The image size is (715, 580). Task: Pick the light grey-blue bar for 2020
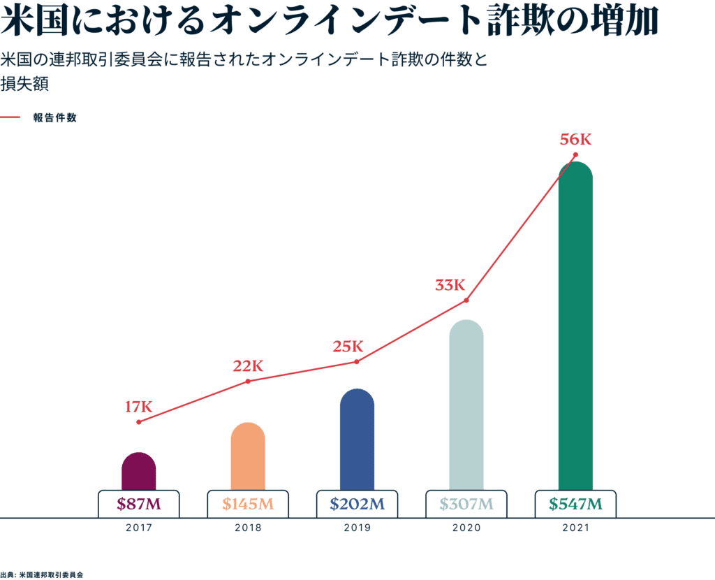point(466,405)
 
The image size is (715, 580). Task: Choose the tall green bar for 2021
point(575,328)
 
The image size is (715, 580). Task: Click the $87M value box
point(138,504)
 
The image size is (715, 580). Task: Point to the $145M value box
point(248,504)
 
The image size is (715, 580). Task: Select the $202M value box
point(357,504)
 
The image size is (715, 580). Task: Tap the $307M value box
point(466,504)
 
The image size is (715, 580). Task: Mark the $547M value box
point(575,504)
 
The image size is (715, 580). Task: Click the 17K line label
point(138,406)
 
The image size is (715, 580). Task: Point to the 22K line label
point(248,365)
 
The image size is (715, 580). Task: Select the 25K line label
point(348,346)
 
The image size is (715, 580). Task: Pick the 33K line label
point(450,285)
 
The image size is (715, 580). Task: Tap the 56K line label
point(575,140)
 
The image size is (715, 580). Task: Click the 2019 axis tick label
point(357,528)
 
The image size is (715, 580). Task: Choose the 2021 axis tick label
point(575,528)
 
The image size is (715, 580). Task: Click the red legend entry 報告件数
point(54,117)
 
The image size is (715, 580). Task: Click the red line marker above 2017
point(139,422)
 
